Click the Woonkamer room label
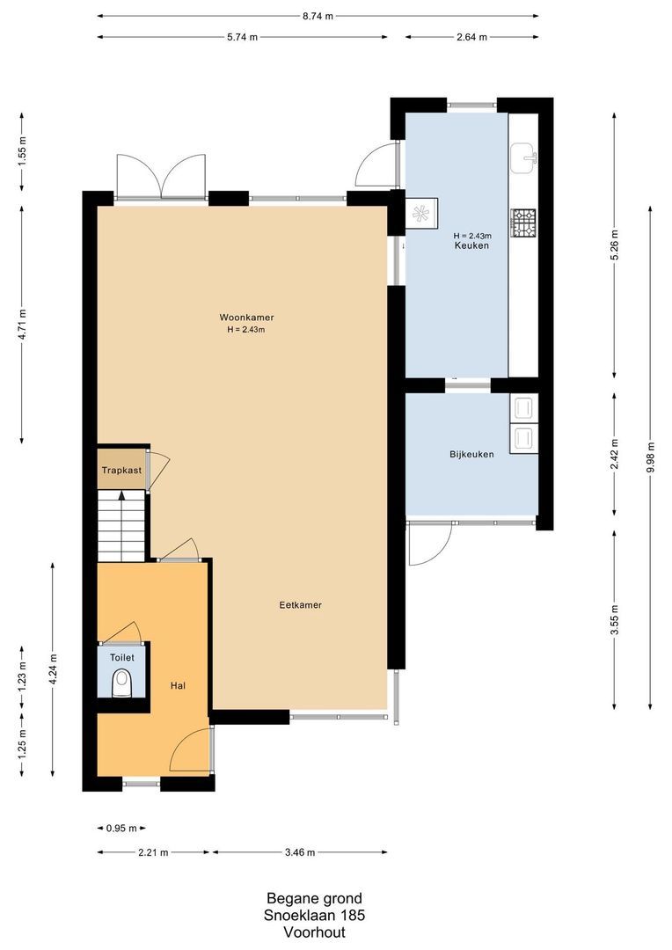point(241,318)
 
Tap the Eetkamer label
point(300,605)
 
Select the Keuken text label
point(471,245)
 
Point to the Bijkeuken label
point(471,455)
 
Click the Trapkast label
point(121,471)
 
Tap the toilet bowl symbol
point(122,683)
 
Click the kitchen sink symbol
point(527,158)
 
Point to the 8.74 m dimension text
point(318,16)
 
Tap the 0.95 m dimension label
point(121,829)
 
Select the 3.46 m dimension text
point(299,852)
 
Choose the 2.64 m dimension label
point(471,37)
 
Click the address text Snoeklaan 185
point(315,915)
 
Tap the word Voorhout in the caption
point(315,932)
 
